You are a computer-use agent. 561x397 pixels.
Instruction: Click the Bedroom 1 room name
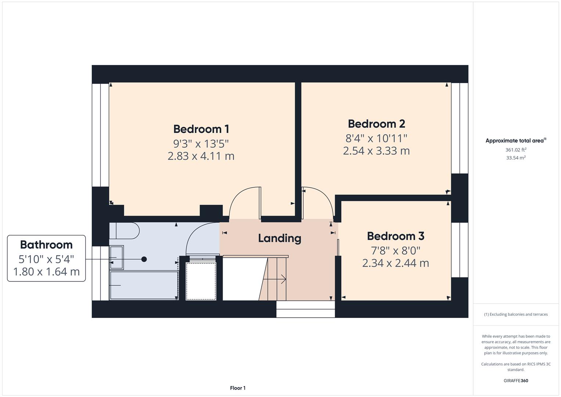coord(201,129)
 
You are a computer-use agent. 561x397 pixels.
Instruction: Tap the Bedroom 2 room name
coord(376,124)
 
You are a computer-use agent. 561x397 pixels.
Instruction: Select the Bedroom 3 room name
coord(395,236)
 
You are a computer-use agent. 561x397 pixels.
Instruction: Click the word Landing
coord(280,238)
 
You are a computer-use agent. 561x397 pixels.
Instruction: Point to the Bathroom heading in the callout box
coord(46,245)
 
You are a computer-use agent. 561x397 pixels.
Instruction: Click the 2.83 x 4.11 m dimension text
coord(201,156)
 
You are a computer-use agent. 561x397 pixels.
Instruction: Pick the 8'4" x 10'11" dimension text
coord(376,138)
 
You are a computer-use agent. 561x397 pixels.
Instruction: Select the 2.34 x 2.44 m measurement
coord(395,263)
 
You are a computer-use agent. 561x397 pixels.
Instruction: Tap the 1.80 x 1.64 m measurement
coord(46,272)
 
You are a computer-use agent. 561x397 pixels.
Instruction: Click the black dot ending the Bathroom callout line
coord(144,259)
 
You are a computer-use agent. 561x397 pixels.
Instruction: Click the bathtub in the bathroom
coord(144,285)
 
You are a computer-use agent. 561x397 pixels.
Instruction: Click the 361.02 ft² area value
coord(515,150)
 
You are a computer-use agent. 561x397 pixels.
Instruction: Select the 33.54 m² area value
coord(515,158)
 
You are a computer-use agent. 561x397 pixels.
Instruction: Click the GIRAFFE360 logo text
coord(515,381)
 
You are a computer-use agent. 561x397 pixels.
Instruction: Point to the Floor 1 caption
coord(238,388)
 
